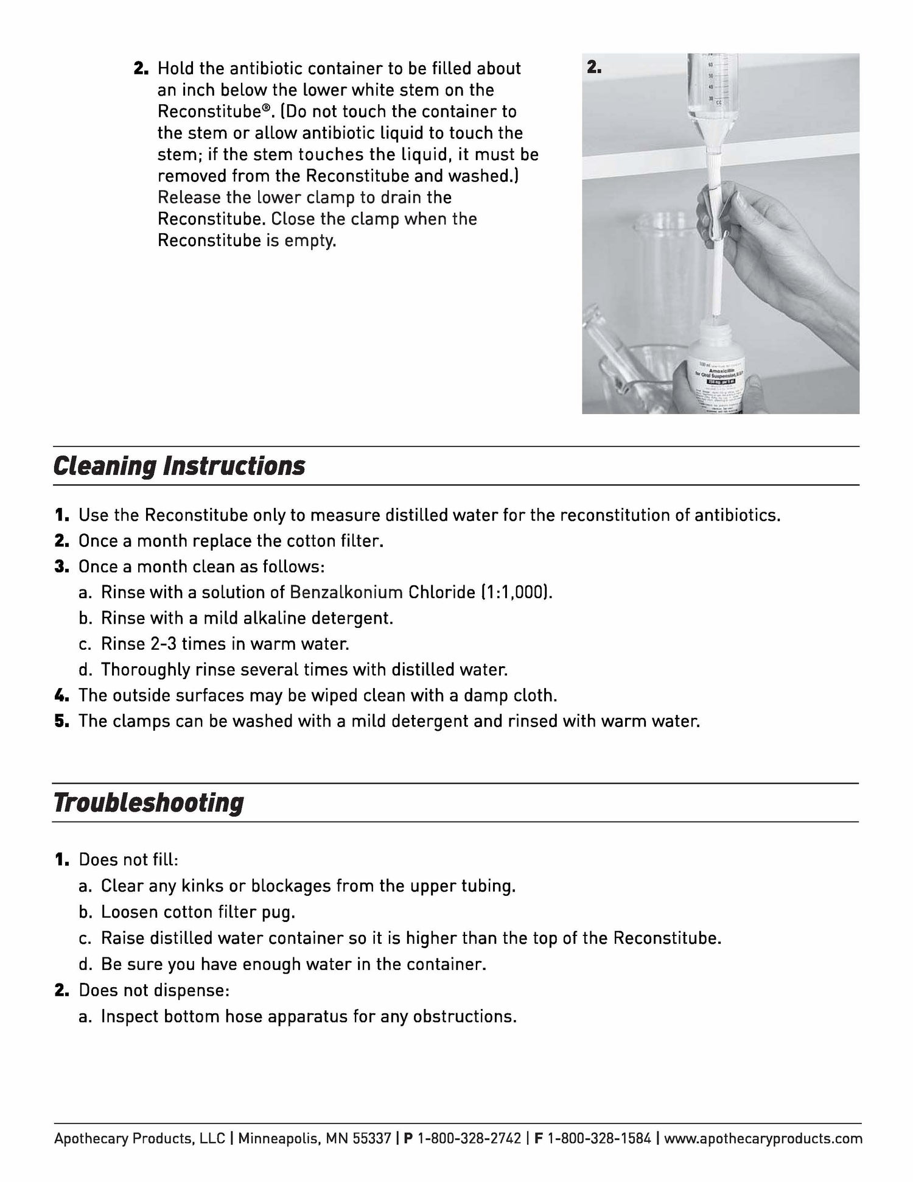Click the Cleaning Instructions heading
pos(179,466)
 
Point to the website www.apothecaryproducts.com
pos(763,1139)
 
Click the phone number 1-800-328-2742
pos(469,1139)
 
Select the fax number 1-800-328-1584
pos(600,1139)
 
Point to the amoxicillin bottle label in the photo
pos(718,387)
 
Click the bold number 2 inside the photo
pos(594,68)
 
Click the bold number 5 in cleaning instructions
pos(62,721)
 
